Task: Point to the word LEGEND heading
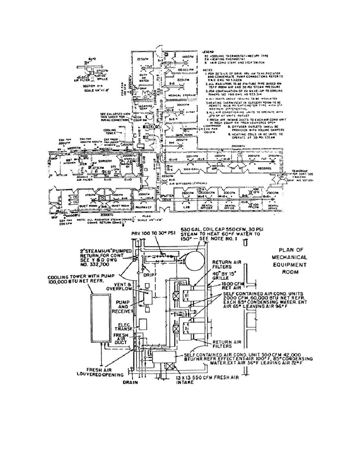[x=207, y=52]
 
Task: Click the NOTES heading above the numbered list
[x=207, y=70]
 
